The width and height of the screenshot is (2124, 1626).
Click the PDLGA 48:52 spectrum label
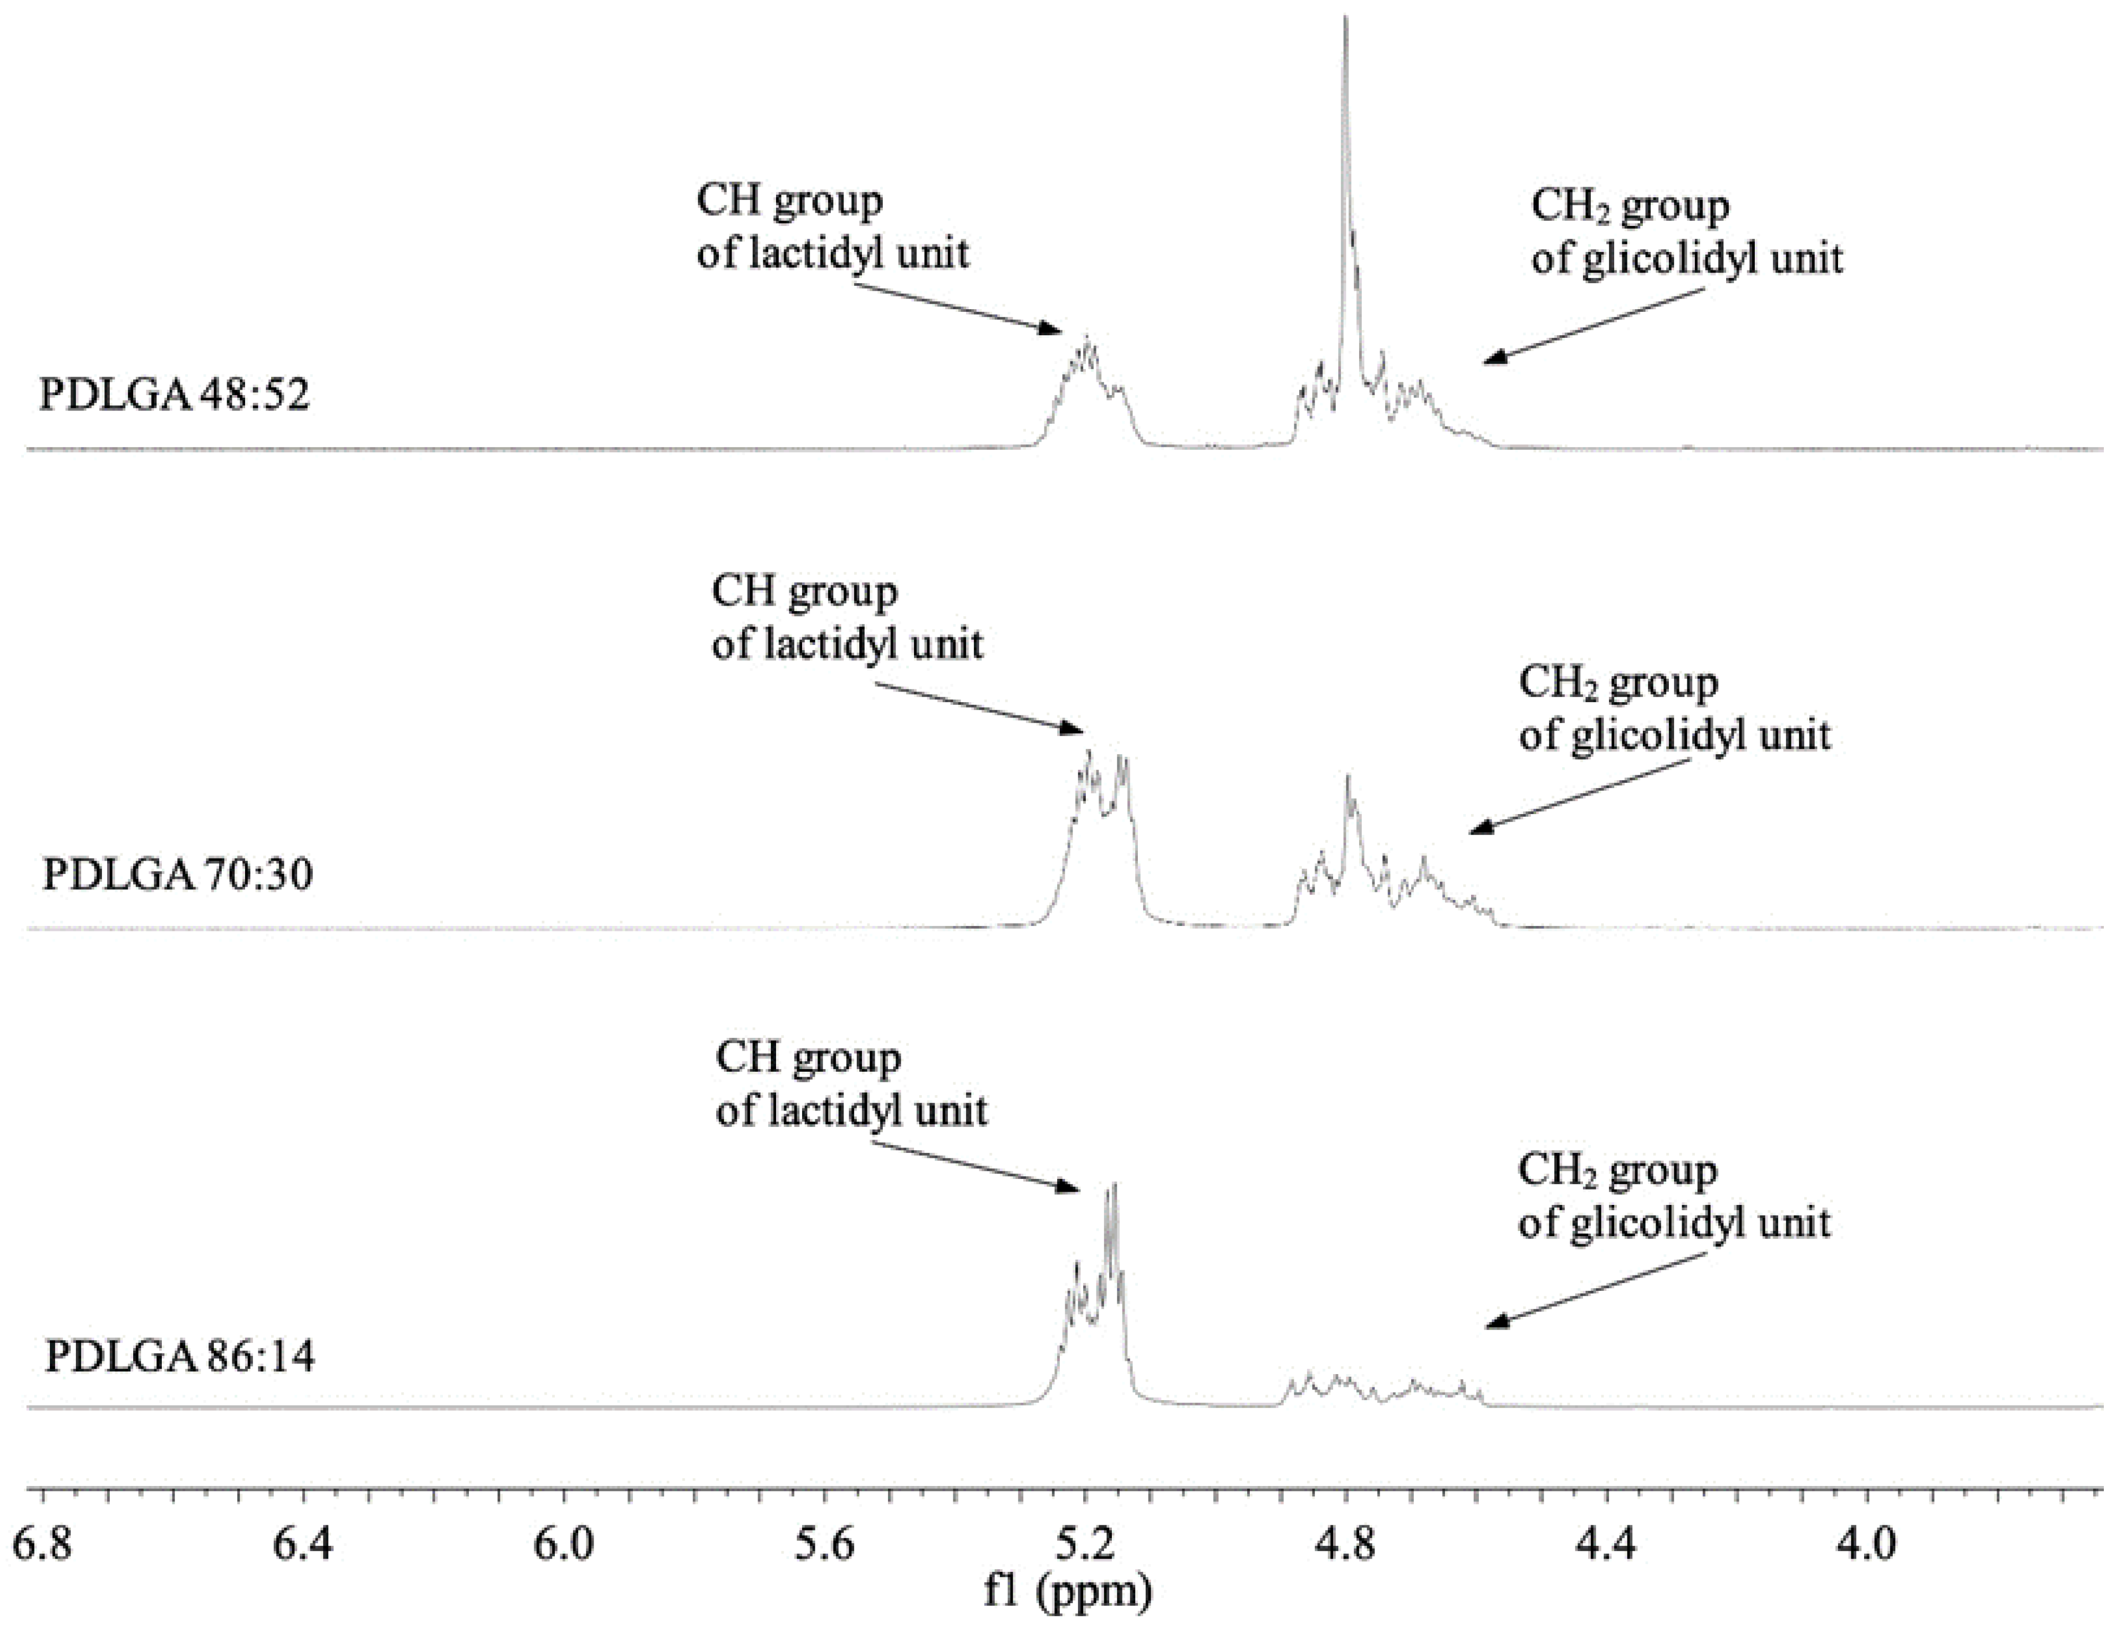pos(174,396)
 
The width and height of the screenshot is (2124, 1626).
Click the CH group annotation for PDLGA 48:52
pos(832,228)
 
